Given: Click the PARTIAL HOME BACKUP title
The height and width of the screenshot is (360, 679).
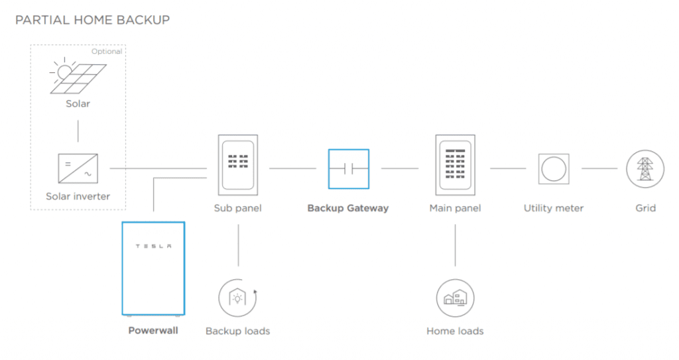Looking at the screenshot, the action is click(x=92, y=20).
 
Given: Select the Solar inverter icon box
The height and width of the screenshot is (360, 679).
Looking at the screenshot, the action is click(x=78, y=168).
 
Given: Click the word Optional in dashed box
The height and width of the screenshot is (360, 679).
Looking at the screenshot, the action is click(x=107, y=52).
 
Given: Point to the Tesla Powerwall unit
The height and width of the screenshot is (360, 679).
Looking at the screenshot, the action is click(x=153, y=269).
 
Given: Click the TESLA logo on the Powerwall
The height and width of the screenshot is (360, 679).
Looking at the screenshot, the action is click(x=153, y=246).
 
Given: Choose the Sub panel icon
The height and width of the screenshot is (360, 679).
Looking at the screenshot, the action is click(x=238, y=165).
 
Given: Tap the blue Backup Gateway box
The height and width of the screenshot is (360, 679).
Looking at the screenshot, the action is click(x=349, y=169).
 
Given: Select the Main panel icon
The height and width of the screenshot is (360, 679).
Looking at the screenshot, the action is click(x=455, y=165).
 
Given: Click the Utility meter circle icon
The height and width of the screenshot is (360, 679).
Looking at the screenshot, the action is click(x=554, y=168).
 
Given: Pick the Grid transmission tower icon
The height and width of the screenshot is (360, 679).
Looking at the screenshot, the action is click(x=645, y=169).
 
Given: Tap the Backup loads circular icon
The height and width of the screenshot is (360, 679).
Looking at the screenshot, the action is click(x=238, y=298).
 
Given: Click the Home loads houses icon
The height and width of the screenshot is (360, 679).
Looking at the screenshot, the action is click(x=455, y=298).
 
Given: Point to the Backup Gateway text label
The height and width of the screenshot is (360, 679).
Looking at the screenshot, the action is click(x=348, y=208).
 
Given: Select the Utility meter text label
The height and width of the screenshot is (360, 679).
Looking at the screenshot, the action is click(x=554, y=208).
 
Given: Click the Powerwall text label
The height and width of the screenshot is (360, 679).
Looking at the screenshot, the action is click(x=153, y=331).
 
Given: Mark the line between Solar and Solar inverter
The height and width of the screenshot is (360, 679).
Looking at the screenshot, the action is click(x=78, y=131).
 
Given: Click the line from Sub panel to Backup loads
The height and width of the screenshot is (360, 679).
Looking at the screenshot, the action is click(x=238, y=245).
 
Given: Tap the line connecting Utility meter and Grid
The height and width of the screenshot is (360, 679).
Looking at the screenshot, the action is click(x=599, y=168).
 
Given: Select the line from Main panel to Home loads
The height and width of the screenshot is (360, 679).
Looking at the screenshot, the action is click(x=455, y=245).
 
